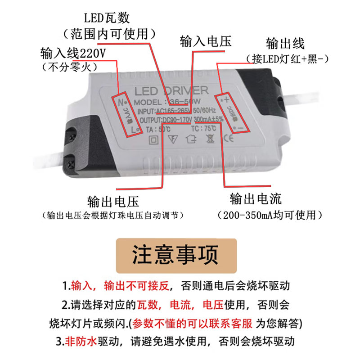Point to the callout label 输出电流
(x=256, y=198)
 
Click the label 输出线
(x=285, y=44)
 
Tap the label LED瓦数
(x=107, y=18)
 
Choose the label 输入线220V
(x=73, y=53)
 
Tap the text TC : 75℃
(x=203, y=128)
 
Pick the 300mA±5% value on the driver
(x=208, y=119)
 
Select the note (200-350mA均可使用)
(x=270, y=215)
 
